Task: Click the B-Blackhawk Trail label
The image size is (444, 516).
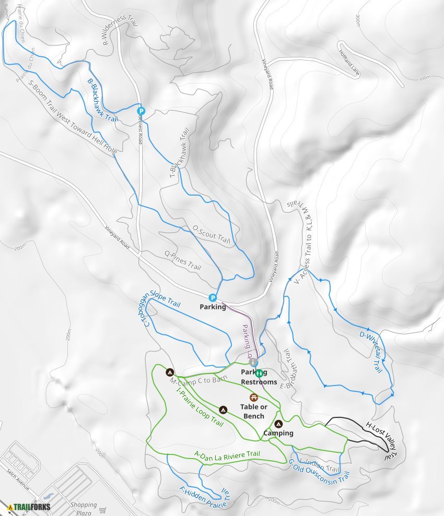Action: pyautogui.click(x=102, y=100)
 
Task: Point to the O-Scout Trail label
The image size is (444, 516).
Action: pyautogui.click(x=211, y=234)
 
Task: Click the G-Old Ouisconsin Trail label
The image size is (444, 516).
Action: pyautogui.click(x=319, y=470)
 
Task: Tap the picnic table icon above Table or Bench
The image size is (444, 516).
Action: pyautogui.click(x=253, y=398)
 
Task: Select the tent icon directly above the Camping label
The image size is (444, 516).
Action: pyautogui.click(x=278, y=424)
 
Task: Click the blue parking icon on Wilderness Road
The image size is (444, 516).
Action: pyautogui.click(x=141, y=111)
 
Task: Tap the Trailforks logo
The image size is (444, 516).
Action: pyautogui.click(x=28, y=506)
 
